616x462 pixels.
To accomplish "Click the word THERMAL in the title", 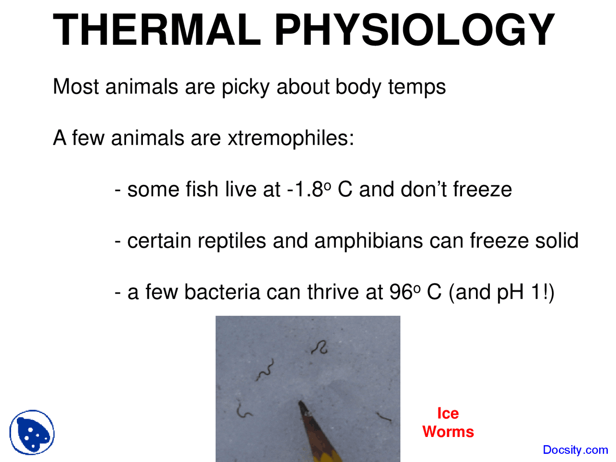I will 157,30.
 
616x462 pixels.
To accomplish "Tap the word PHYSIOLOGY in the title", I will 414,30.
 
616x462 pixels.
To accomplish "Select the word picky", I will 246,88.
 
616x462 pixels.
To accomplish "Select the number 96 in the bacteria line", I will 401,292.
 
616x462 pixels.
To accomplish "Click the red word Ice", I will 448,413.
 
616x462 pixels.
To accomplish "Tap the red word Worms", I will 448,432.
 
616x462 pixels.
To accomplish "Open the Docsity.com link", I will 575,450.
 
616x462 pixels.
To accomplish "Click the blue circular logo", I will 32,433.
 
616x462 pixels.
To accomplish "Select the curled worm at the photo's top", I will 320,347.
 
